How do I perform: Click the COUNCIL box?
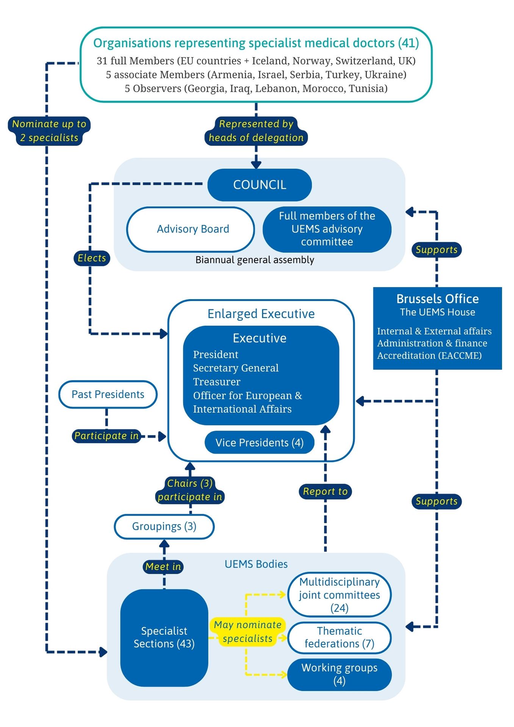click(259, 185)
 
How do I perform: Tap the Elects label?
click(92, 258)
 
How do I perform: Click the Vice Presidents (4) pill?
click(259, 443)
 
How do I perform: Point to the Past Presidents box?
click(108, 395)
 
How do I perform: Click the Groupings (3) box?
click(164, 526)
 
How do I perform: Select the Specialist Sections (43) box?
click(164, 637)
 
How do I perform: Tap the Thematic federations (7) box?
click(339, 637)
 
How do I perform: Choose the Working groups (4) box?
click(339, 674)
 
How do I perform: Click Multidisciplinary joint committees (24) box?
click(339, 594)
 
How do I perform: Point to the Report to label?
click(325, 491)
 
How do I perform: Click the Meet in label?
click(163, 566)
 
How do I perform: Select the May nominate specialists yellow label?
click(247, 632)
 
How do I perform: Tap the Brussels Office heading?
click(437, 299)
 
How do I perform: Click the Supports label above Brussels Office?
click(436, 250)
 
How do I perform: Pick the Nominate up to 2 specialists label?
click(49, 131)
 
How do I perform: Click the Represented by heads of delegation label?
click(256, 131)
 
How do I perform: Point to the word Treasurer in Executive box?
click(217, 382)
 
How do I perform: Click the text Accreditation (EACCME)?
click(429, 356)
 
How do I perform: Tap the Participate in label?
click(106, 436)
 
